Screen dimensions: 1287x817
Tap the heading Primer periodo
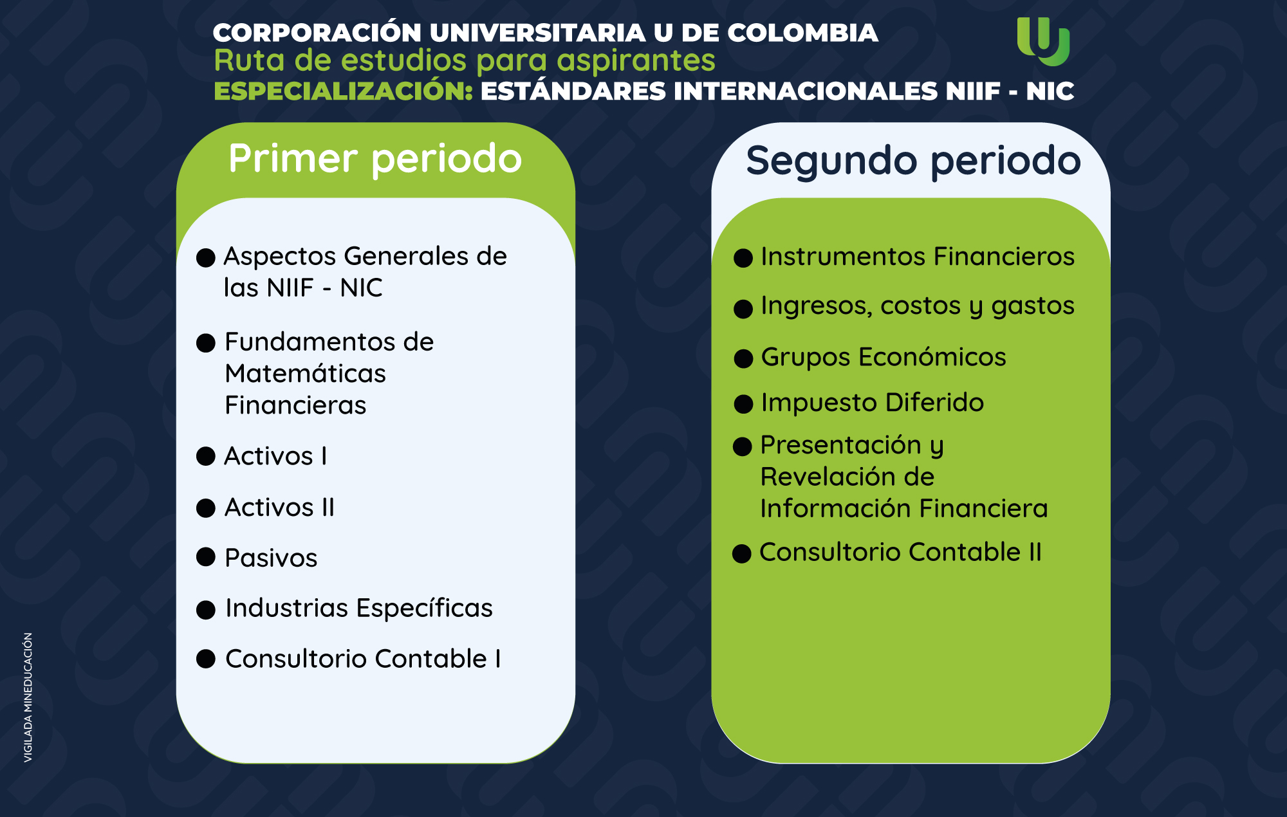click(375, 159)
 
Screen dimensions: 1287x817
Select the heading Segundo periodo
click(913, 161)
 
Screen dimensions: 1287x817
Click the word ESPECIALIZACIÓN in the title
click(344, 91)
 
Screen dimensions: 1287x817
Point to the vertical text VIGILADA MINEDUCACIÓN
click(28, 698)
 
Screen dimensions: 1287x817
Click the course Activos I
click(275, 456)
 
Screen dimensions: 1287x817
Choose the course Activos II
click(279, 508)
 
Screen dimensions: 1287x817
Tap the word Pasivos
click(271, 558)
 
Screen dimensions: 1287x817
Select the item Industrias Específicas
click(359, 608)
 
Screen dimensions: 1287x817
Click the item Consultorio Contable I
click(363, 659)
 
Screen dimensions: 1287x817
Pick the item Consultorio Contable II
click(900, 552)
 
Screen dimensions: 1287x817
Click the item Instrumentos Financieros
click(918, 256)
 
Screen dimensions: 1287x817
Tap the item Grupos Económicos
click(884, 357)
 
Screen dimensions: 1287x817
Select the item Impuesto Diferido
click(873, 403)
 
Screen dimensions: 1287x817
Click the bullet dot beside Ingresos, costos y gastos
click(743, 309)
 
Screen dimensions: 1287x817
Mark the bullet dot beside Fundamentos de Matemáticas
click(206, 343)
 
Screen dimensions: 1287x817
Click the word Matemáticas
click(305, 373)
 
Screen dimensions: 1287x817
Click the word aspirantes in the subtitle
click(636, 61)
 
